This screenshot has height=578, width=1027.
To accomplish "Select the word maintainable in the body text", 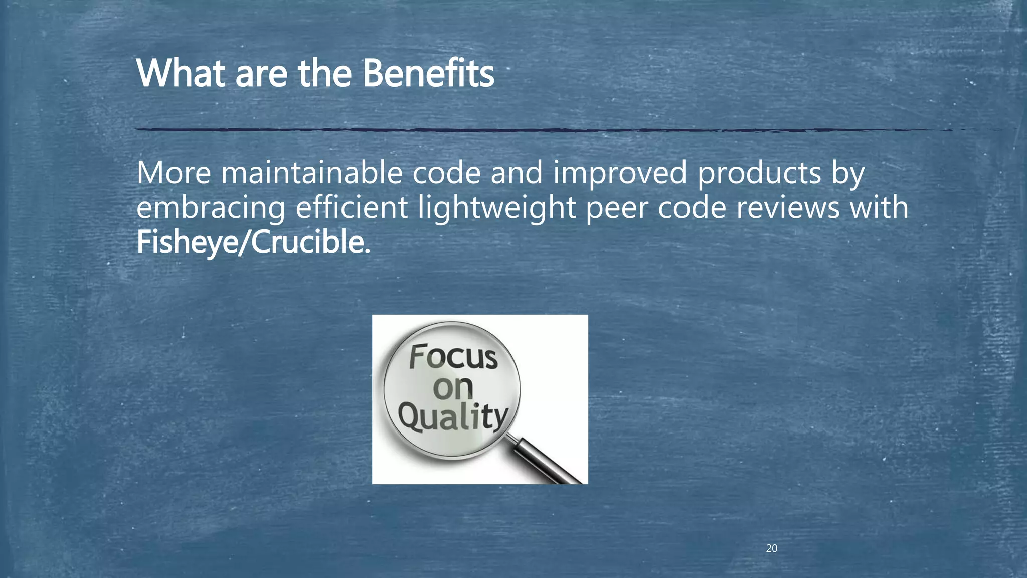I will pyautogui.click(x=311, y=173).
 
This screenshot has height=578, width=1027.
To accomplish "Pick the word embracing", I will pyautogui.click(x=211, y=208).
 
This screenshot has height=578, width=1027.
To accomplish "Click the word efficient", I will pyautogui.click(x=351, y=207).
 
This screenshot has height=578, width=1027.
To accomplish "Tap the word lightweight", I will pyautogui.click(x=496, y=208).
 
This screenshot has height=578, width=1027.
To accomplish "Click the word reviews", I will pyautogui.click(x=787, y=207).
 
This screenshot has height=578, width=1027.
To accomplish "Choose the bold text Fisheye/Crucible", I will pyautogui.click(x=253, y=242).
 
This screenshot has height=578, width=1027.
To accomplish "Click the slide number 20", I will pyautogui.click(x=771, y=548).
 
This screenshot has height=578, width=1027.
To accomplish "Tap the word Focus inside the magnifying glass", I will pyautogui.click(x=453, y=357).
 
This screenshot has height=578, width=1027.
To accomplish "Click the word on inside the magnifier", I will pyautogui.click(x=453, y=387).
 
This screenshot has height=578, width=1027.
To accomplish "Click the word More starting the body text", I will pyautogui.click(x=174, y=173).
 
